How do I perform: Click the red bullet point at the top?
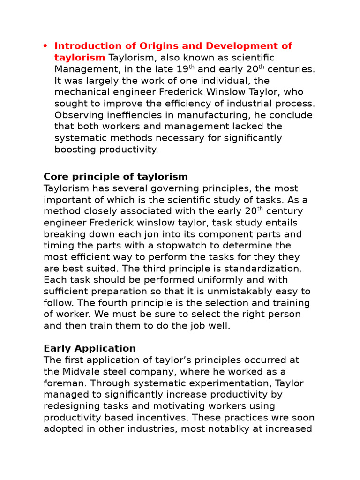coord(45,46)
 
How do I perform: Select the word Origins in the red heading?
coord(154,46)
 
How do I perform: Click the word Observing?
coord(77,115)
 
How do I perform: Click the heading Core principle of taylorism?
coord(115,177)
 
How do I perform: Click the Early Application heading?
coord(90,349)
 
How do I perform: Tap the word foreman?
coord(62,383)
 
